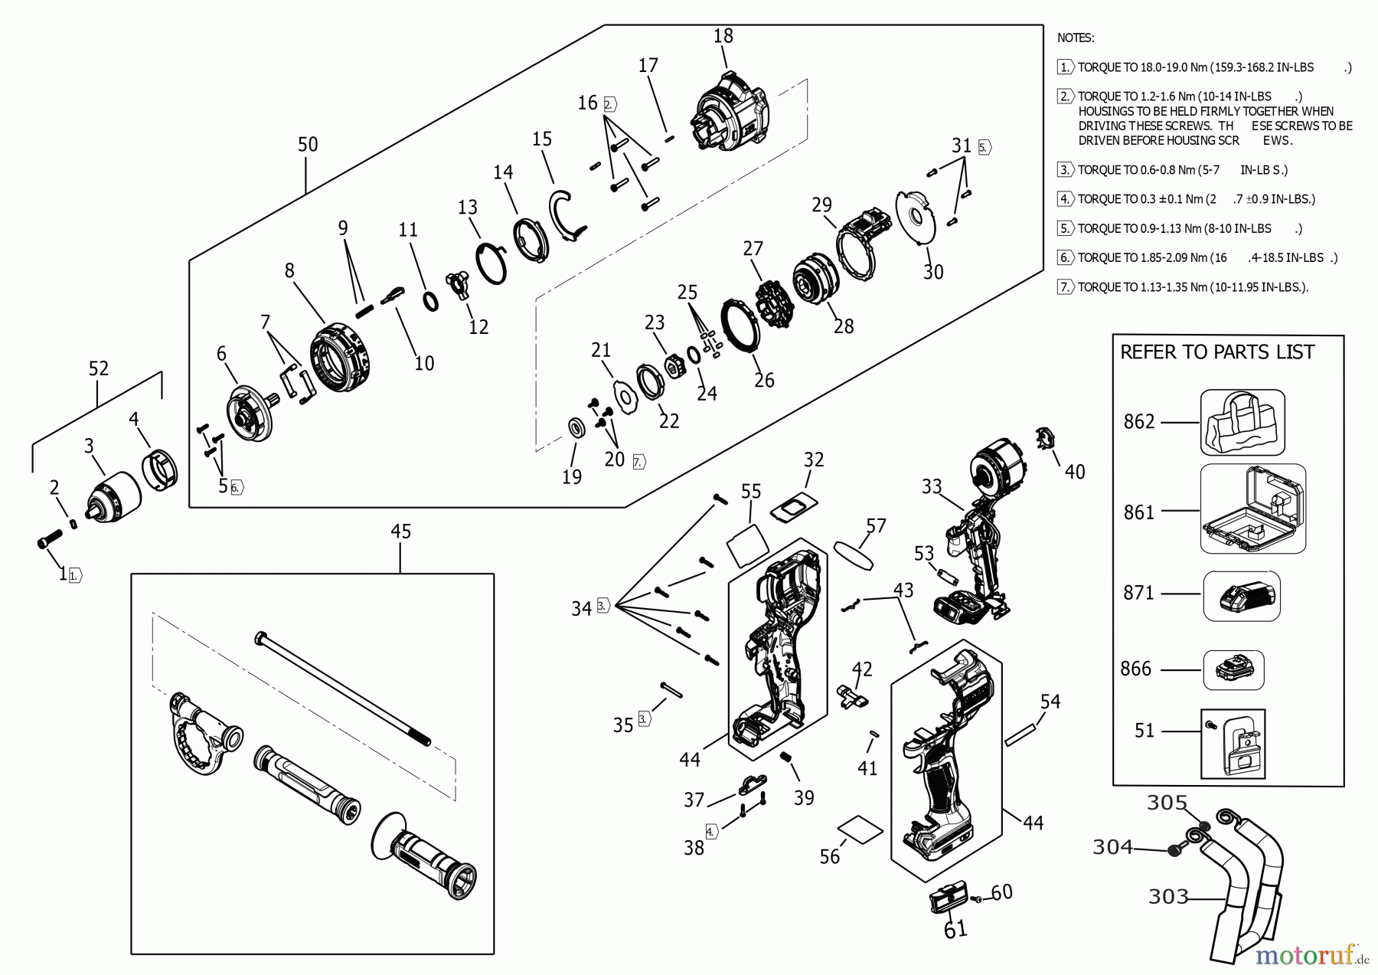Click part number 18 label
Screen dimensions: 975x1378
coord(723,36)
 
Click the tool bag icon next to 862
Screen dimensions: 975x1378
coord(1242,423)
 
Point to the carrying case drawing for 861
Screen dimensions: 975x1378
coord(1253,510)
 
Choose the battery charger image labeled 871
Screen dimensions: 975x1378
coord(1241,595)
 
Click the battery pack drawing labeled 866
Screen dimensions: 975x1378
coord(1233,670)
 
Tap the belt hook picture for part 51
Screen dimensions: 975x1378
coord(1233,744)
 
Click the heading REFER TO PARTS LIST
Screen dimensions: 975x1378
coord(1216,352)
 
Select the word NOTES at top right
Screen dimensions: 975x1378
coord(1075,38)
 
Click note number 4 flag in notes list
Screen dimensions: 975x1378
coord(1066,199)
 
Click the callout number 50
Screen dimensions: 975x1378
coord(308,145)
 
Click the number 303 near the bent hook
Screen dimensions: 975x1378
coord(1168,897)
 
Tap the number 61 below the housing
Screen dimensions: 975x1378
coord(955,928)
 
